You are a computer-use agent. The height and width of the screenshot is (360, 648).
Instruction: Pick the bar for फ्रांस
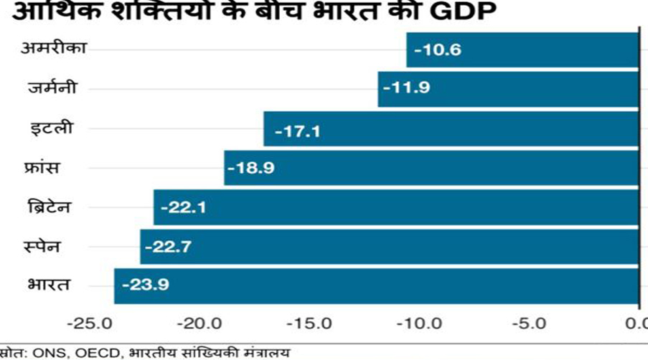pyautogui.click(x=431, y=168)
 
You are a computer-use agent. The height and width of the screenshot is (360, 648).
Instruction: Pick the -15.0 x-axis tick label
pyautogui.click(x=311, y=323)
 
